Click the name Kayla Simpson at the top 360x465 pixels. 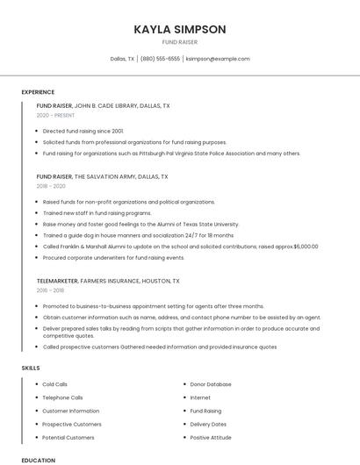coord(180,29)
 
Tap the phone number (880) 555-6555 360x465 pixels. coord(160,59)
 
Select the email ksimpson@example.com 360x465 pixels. coord(218,59)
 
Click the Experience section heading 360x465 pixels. coord(38,92)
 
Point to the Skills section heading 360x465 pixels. coord(31,368)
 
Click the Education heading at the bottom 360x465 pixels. coord(38,460)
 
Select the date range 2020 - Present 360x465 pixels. coord(55,115)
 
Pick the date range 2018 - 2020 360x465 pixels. coord(51,186)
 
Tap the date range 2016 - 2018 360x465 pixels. coord(50,290)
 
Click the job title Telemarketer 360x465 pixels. coord(56,281)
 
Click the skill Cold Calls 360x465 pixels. coord(54,384)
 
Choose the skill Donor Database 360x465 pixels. coord(211,384)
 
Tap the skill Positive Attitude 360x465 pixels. coord(211,437)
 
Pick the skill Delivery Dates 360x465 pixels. coord(208,424)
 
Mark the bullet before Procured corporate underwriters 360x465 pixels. coord(35,258)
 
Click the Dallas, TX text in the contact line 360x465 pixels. coord(122,59)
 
